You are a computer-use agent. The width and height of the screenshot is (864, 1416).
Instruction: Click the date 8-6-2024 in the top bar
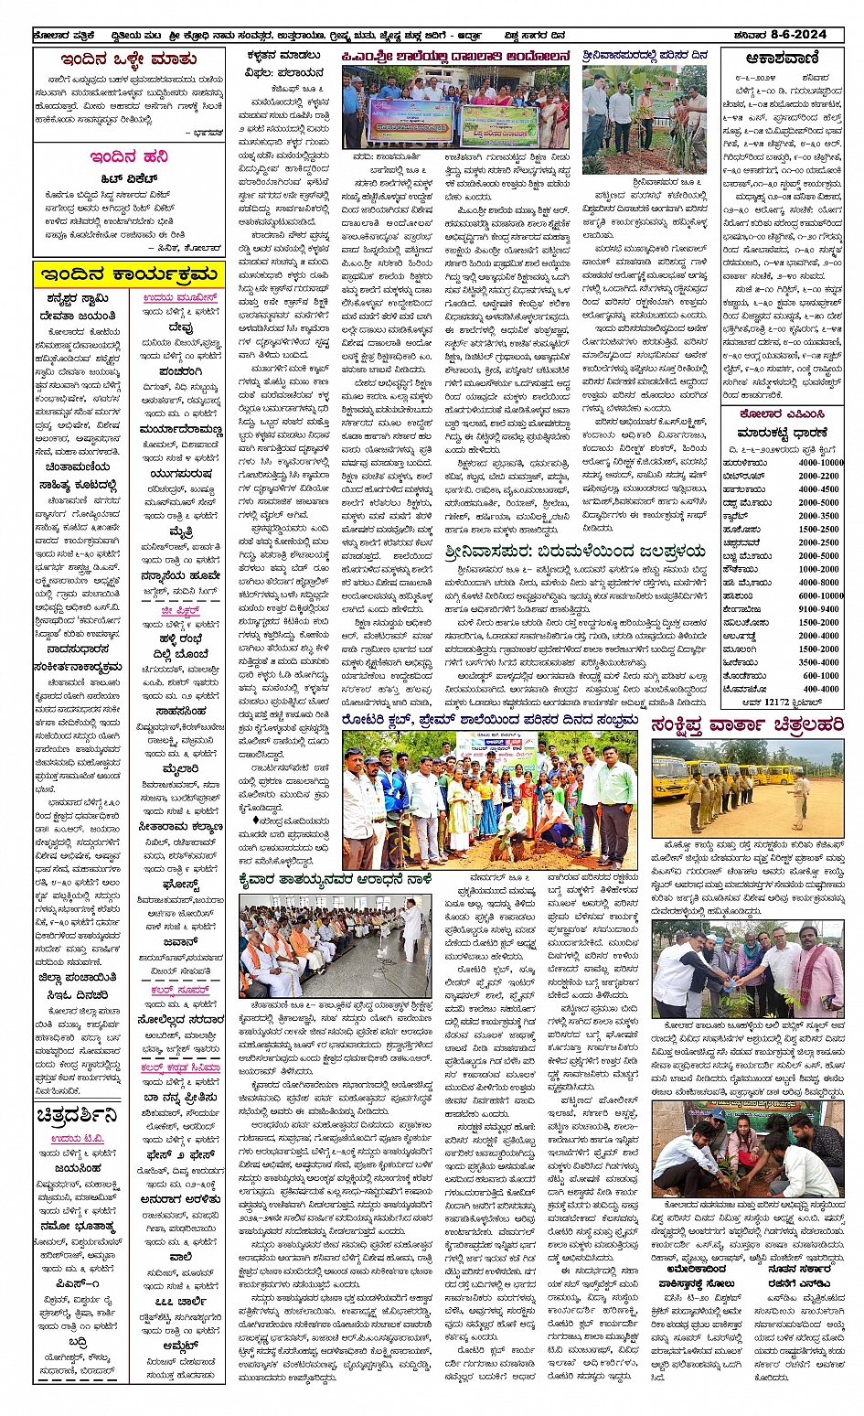click(x=797, y=35)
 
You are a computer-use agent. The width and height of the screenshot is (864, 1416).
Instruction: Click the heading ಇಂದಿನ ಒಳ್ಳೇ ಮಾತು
click(x=128, y=59)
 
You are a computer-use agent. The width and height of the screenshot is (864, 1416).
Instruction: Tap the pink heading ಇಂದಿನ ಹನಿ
click(x=128, y=156)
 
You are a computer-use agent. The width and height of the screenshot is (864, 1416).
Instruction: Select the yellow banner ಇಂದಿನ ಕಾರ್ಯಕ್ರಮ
click(x=127, y=274)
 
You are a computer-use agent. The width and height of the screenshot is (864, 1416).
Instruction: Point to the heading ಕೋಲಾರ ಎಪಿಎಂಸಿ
click(x=780, y=413)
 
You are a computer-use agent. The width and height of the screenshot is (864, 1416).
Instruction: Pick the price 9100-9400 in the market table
click(x=818, y=608)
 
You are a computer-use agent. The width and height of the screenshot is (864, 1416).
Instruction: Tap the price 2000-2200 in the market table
click(x=818, y=476)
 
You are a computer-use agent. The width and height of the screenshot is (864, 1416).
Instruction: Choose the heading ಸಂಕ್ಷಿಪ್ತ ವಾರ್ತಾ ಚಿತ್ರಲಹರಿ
click(x=747, y=725)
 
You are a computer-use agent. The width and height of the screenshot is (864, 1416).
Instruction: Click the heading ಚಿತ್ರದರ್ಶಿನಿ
click(x=77, y=1115)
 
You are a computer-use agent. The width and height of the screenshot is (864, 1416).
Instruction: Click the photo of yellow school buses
click(x=747, y=788)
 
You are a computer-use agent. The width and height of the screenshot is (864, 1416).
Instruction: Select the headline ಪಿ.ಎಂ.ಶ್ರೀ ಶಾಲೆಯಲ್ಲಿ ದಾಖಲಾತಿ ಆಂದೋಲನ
click(x=456, y=57)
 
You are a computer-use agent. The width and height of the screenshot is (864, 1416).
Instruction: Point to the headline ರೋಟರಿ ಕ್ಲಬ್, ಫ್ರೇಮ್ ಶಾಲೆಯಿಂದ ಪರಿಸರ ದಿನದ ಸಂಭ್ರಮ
click(x=490, y=720)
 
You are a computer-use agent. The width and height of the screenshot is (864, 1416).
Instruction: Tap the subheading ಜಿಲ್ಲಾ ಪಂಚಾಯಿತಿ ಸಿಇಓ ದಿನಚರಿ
click(x=77, y=986)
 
